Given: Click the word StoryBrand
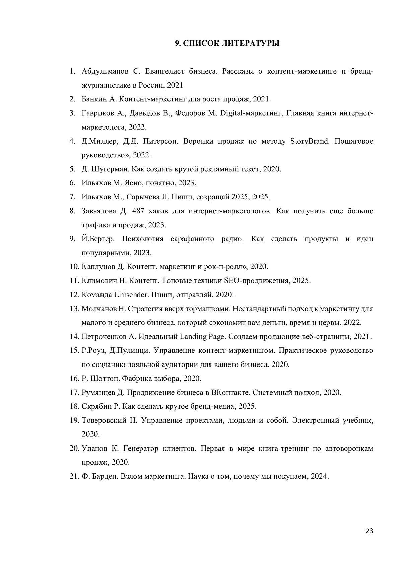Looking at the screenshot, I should coord(310,141).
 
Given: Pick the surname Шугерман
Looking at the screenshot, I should coord(110,169).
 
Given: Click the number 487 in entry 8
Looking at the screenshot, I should coord(138,211).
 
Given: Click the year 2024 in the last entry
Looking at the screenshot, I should coord(319,476).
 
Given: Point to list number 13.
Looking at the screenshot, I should coord(74,309).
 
